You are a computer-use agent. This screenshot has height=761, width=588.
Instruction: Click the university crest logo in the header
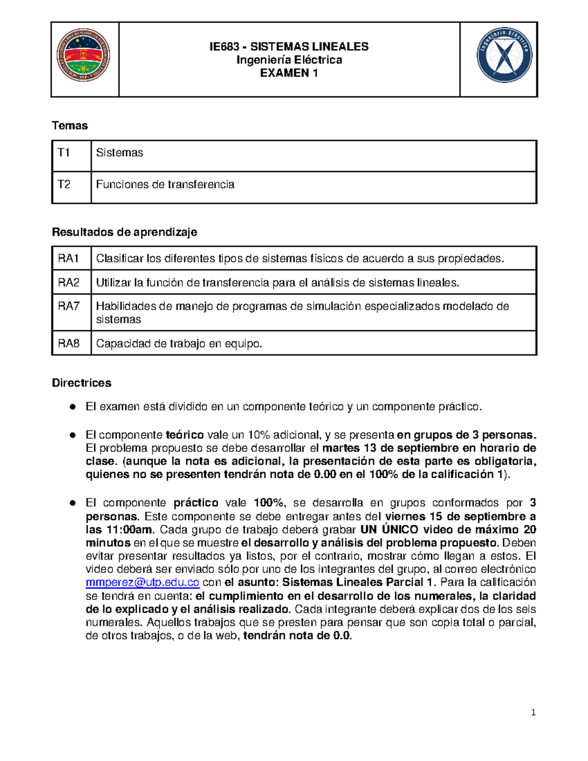coord(83,55)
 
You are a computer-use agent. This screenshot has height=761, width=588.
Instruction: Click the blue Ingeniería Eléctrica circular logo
coord(504,55)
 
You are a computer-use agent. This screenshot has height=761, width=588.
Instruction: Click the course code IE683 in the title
coord(224,47)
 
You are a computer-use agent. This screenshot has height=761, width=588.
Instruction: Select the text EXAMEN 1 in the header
coord(289,73)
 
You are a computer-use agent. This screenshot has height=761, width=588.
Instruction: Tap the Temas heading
coord(70,126)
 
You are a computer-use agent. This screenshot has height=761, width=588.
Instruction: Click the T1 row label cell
coord(64,153)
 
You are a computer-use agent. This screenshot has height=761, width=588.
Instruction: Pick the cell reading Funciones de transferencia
coord(165,185)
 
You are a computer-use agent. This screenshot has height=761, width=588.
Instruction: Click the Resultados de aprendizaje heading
coord(124,232)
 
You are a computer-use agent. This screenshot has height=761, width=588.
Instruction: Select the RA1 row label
coord(69,259)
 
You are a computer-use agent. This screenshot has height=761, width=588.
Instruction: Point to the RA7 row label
coord(69,307)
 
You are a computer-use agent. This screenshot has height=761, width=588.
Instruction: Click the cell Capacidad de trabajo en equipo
coord(179,344)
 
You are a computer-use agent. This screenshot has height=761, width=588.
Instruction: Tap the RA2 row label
coord(69,283)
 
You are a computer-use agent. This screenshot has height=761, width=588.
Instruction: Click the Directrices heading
coord(81,383)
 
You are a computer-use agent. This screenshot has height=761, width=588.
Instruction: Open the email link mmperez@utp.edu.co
coord(142,583)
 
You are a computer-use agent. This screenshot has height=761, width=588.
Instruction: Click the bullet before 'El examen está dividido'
coord(73,407)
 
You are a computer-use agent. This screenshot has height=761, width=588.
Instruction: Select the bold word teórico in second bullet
coord(185,435)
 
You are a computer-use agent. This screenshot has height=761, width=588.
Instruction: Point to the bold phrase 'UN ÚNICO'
coord(389,530)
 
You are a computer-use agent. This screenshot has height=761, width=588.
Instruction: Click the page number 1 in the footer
coord(533,713)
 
